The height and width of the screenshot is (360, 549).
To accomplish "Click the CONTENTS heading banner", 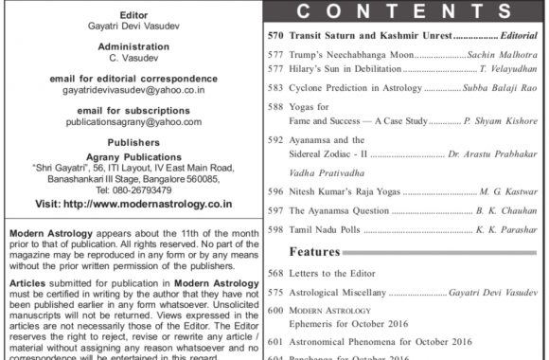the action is [x=407, y=12].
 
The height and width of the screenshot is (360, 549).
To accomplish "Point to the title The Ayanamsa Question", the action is [x=335, y=208].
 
